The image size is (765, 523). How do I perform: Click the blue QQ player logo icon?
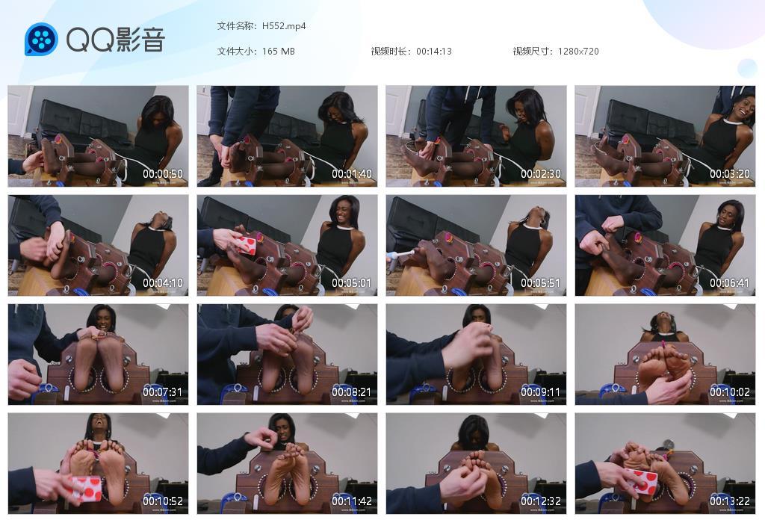click(x=41, y=39)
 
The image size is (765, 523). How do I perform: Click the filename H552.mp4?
click(x=284, y=26)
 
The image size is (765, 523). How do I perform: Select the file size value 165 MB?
click(x=279, y=52)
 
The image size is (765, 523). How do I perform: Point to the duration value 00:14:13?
click(x=434, y=52)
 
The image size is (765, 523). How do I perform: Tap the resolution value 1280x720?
click(x=578, y=52)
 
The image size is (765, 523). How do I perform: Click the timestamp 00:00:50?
click(x=163, y=174)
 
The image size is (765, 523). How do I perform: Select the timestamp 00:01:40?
click(x=352, y=174)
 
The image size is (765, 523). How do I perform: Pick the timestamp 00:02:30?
click(x=541, y=174)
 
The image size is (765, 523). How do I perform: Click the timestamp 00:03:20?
click(x=730, y=174)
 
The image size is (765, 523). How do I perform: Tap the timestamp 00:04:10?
click(x=163, y=283)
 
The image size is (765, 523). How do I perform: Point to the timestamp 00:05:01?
click(x=352, y=283)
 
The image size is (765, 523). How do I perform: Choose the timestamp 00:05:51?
click(x=541, y=283)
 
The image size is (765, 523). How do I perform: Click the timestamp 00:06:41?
click(x=730, y=283)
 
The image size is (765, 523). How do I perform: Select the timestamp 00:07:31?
click(x=163, y=392)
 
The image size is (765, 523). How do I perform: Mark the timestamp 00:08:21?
click(x=352, y=392)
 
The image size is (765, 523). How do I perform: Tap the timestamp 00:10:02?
click(x=730, y=392)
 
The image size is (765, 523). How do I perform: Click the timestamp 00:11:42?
click(x=352, y=501)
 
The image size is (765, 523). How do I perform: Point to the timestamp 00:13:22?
click(x=730, y=501)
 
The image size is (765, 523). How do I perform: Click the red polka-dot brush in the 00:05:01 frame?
click(x=248, y=244)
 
